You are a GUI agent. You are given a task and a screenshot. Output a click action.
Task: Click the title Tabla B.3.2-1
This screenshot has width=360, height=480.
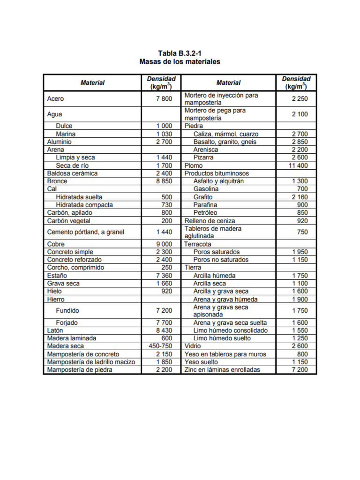[x=180, y=53]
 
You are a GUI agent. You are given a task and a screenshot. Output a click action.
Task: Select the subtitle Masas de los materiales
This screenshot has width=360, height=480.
[x=180, y=62]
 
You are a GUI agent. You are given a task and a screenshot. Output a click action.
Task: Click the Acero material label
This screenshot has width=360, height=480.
[x=56, y=99]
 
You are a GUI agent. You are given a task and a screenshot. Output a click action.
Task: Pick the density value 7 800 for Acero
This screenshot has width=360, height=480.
[x=164, y=99]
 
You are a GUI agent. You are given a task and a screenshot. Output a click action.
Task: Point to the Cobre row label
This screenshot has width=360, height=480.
[x=56, y=244]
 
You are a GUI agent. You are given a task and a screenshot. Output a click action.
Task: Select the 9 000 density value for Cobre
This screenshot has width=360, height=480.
[x=164, y=244]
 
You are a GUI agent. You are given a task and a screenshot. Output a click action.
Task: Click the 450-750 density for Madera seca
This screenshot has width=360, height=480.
[x=160, y=346]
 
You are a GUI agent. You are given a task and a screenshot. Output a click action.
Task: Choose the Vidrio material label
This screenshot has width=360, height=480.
[x=193, y=346]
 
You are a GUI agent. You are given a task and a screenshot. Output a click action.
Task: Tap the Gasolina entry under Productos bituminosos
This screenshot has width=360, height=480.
[x=206, y=189]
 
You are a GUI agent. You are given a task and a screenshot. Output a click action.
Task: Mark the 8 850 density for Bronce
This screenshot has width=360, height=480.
[x=164, y=181]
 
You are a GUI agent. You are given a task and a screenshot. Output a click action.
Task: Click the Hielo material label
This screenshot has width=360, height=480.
[x=55, y=291]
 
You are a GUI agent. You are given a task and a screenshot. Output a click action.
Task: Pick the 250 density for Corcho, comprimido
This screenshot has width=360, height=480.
[x=166, y=268]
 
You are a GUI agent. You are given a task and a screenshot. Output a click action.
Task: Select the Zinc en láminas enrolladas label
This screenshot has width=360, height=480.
[x=222, y=370]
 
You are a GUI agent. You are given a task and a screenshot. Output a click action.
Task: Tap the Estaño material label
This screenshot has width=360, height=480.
[x=57, y=276]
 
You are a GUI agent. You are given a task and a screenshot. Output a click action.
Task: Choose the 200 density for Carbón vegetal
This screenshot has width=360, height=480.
[x=166, y=221]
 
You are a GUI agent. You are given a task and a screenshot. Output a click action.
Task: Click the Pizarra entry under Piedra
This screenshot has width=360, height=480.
[x=203, y=157]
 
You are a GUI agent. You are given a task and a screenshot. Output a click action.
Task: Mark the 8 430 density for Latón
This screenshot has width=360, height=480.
[x=164, y=330]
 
